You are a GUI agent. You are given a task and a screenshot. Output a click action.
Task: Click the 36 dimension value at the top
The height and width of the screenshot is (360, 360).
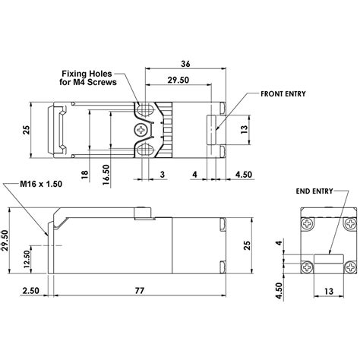[x=185, y=64]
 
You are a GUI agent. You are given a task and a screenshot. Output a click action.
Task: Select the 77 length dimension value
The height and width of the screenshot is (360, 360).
[x=140, y=290]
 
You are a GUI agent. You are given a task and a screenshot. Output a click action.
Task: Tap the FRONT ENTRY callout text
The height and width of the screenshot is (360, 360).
[x=283, y=93]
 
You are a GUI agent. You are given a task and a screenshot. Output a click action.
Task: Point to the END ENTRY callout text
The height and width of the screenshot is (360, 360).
[x=314, y=191]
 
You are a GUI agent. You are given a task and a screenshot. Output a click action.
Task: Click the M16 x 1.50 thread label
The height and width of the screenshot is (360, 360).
[x=41, y=184]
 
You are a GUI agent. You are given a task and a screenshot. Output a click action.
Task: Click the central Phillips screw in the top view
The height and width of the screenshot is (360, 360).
[x=141, y=130]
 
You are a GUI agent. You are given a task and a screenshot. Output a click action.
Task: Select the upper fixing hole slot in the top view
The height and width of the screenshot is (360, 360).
[x=144, y=109]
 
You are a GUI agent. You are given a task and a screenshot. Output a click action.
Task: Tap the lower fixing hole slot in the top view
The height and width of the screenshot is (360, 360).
[x=144, y=149]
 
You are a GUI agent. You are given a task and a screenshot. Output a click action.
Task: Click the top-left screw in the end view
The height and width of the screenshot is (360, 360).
[x=308, y=224]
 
